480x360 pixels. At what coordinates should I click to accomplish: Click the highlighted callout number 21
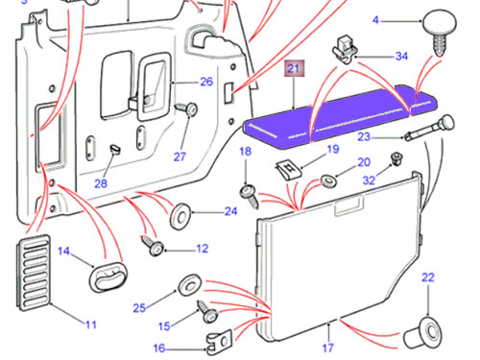(294, 69)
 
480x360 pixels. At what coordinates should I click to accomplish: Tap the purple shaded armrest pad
(340, 117)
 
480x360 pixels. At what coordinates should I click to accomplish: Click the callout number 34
(401, 57)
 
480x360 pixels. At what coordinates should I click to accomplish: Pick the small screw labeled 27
(186, 108)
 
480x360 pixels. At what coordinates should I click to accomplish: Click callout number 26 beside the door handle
(206, 82)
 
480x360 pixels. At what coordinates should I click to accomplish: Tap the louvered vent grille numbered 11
(34, 272)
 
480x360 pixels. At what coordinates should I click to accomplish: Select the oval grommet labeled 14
(108, 276)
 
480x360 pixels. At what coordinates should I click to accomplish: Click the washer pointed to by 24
(180, 216)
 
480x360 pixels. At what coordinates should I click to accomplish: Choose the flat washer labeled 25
(189, 285)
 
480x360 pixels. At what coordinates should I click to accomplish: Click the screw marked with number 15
(207, 312)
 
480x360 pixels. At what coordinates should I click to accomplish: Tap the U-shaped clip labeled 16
(219, 343)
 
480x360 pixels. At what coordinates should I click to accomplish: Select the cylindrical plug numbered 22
(423, 333)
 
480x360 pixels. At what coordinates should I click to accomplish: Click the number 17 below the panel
(327, 348)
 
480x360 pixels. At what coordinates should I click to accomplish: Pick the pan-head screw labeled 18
(250, 196)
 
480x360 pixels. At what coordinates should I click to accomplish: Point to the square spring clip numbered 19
(289, 170)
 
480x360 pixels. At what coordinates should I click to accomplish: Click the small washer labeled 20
(328, 181)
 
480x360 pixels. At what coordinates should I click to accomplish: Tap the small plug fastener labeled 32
(396, 159)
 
